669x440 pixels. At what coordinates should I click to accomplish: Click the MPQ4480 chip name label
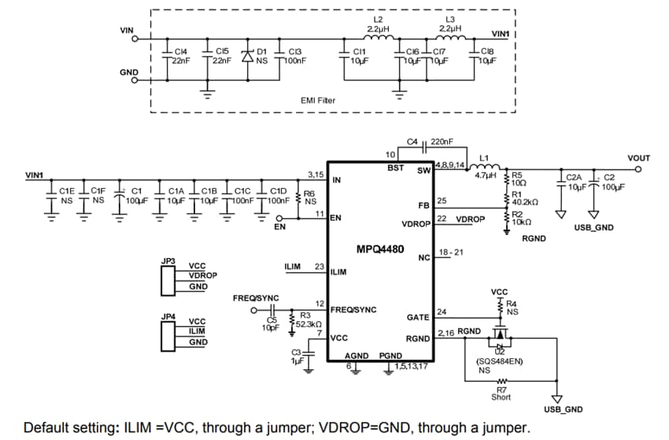[x=379, y=250]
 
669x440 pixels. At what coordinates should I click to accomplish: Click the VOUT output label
[x=638, y=158]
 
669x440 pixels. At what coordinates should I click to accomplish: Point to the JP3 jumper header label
[x=168, y=259]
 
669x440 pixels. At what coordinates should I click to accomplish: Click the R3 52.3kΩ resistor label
[x=308, y=320]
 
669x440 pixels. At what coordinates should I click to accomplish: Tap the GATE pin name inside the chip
[x=417, y=317]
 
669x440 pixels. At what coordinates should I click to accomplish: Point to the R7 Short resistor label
[x=501, y=393]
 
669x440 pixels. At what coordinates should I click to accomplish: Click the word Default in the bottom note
[x=49, y=428]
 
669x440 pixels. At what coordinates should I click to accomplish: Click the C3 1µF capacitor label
[x=297, y=356]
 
